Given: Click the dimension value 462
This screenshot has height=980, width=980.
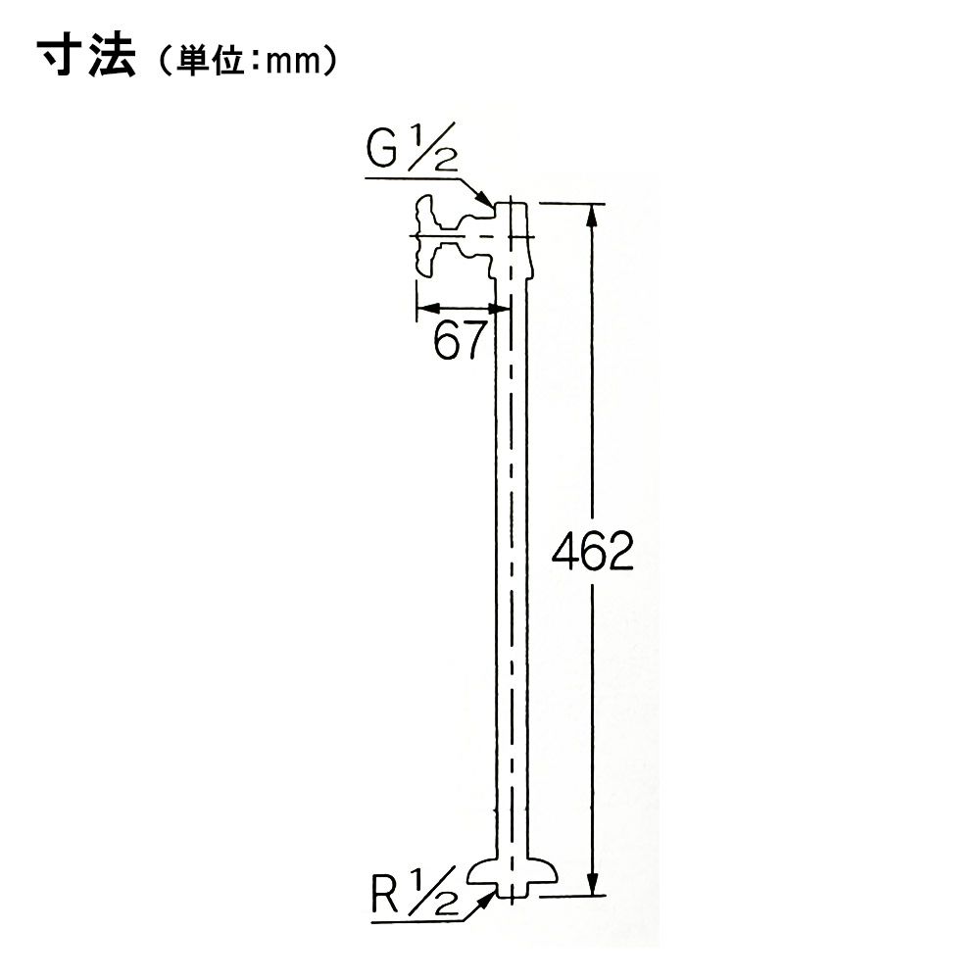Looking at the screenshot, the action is coord(593,551).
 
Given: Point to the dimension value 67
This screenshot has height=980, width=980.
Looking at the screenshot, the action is coord(460,340).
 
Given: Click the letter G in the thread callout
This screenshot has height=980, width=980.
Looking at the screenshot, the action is coord(382,150).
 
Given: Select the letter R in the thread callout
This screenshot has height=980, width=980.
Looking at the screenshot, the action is coord(385,895).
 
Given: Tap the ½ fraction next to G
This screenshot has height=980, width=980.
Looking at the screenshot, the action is coord(432,149).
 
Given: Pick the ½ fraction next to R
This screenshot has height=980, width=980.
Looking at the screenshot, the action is coord(433,893).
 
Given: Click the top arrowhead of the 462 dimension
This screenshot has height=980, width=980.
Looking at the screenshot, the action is coord(593,215).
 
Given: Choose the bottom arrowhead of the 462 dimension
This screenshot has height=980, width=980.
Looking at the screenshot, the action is coord(593,884).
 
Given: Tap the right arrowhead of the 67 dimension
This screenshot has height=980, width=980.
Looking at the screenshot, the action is coord(499,308).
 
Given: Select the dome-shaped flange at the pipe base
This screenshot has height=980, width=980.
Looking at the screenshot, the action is coord(512,870).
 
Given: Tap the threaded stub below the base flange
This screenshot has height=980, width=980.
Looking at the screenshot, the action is coord(512,890).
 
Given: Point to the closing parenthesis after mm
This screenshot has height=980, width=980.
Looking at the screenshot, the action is coord(329,61).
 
